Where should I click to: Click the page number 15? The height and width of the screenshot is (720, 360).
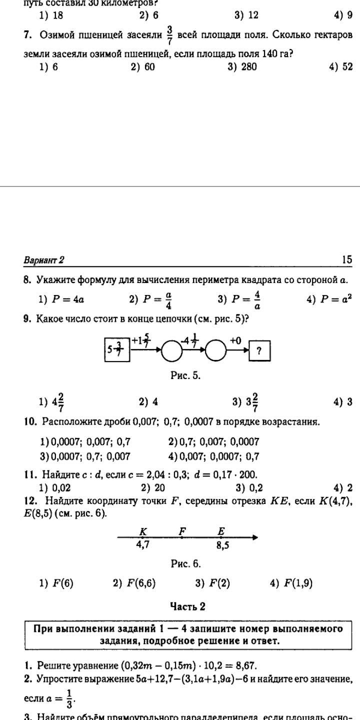coord(347,259)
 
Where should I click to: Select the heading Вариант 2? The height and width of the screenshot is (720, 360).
coord(44,260)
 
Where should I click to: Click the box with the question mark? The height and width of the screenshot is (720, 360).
coord(259,350)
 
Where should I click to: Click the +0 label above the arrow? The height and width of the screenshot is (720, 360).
coord(235,340)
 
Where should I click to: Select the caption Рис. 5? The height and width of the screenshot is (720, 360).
coord(185,375)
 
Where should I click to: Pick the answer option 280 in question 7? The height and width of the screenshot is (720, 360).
coord(242,66)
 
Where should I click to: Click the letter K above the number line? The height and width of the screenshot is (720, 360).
coord(142,531)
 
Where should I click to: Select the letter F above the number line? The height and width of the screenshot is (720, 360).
coord(182,531)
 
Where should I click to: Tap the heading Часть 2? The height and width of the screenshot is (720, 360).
coord(187,606)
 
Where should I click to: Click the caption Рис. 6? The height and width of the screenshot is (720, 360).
coord(185,564)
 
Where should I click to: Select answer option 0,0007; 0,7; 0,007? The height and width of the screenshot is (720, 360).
coord(85,456)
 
